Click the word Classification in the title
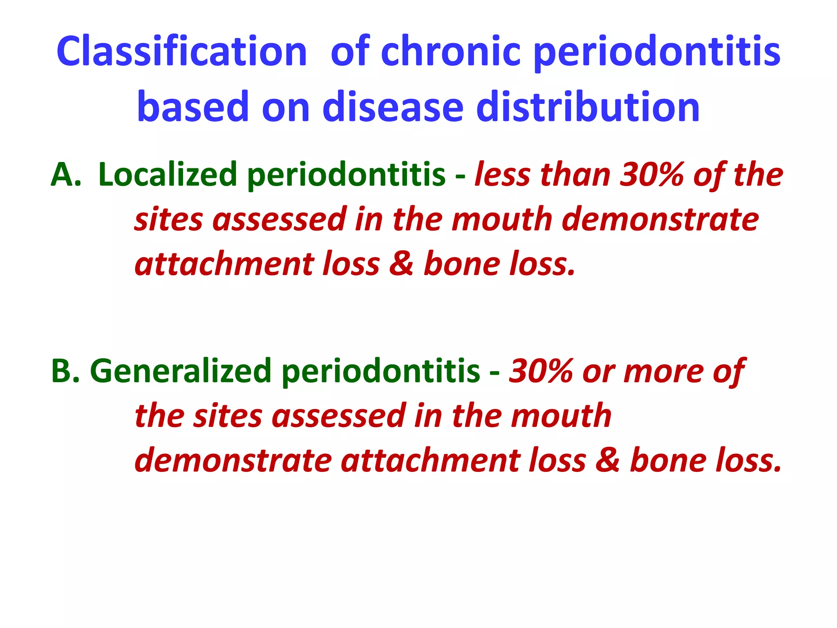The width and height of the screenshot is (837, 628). click(x=181, y=52)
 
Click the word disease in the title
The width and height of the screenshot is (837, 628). click(x=392, y=107)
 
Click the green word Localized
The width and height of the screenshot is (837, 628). click(x=168, y=175)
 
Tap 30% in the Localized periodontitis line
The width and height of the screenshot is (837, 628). click(x=651, y=175)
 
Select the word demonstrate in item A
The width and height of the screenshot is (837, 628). click(x=660, y=220)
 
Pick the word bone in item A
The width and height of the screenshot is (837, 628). click(x=462, y=264)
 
